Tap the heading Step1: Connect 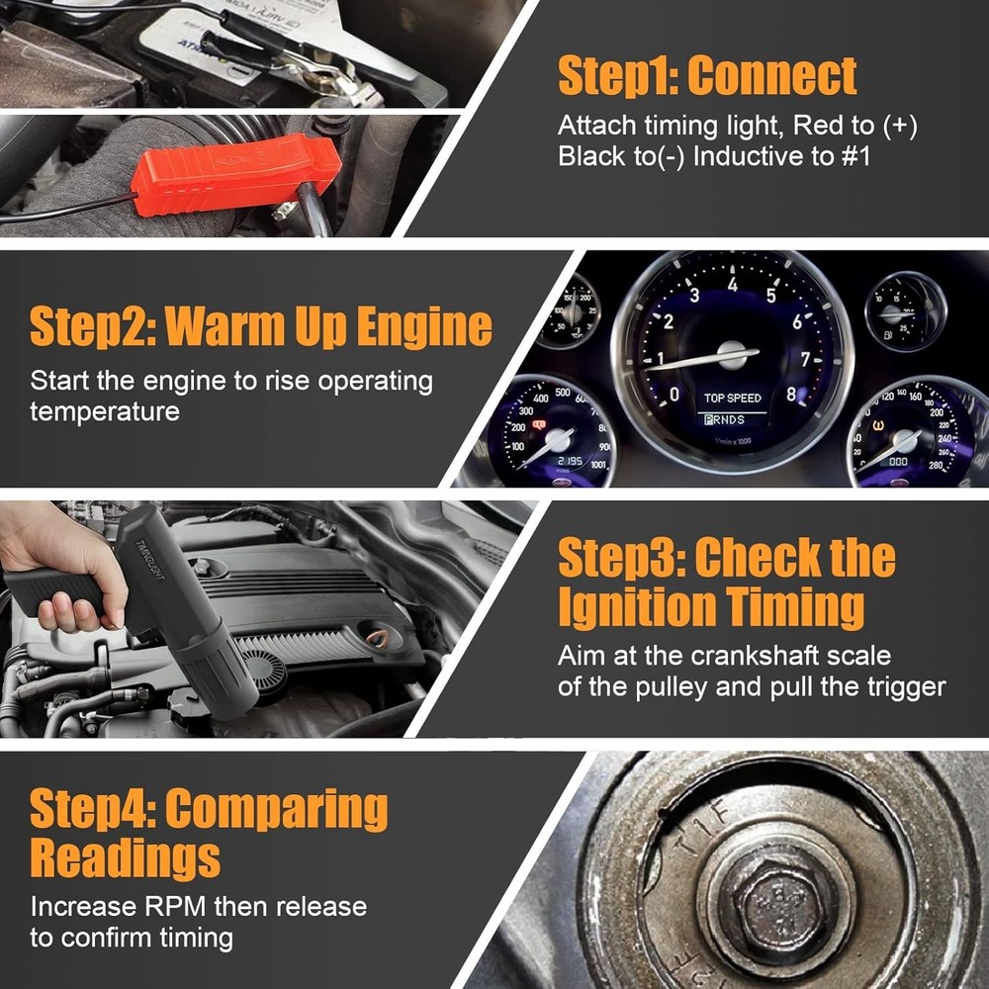tap(707, 76)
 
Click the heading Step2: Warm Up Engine tap(260, 326)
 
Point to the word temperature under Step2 tap(105, 411)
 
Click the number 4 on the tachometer tap(733, 285)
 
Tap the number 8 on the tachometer tap(790, 394)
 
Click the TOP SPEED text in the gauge tap(733, 399)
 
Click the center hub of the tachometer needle tap(733, 354)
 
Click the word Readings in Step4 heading tap(125, 857)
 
